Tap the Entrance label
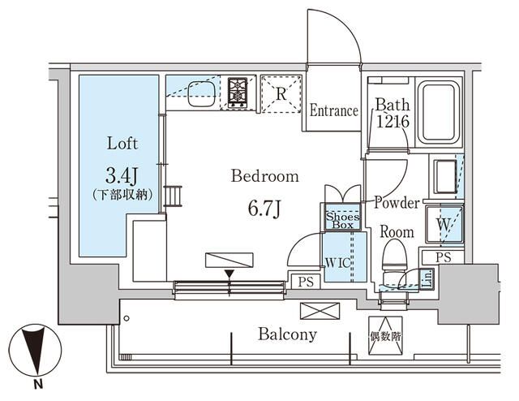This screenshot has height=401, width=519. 333,110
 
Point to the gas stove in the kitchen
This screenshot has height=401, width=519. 238,93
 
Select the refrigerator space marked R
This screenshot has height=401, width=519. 281,93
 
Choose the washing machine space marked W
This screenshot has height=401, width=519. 444,222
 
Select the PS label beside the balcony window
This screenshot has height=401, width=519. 306,282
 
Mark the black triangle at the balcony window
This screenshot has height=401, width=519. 229,274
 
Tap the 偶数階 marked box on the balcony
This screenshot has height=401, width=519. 386,334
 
